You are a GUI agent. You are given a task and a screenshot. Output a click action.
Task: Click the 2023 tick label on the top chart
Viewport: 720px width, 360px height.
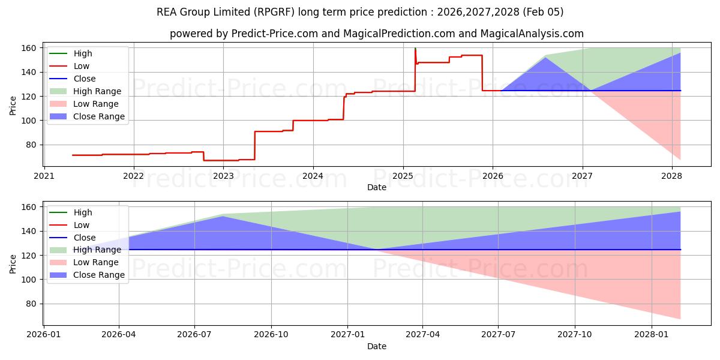point(223,176)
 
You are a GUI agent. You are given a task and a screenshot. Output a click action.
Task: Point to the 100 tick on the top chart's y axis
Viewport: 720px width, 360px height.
point(29,121)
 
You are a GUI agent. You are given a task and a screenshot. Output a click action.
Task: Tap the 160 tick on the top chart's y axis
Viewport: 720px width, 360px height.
point(29,48)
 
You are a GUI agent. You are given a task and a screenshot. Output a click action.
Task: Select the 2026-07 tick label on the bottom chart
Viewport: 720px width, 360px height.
point(195,335)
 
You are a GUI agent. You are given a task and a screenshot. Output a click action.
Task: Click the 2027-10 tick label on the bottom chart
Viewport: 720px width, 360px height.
point(575,335)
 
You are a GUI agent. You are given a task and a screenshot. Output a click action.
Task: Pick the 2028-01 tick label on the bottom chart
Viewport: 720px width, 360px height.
point(652,335)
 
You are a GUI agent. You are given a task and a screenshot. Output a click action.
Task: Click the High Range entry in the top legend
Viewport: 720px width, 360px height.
point(97,91)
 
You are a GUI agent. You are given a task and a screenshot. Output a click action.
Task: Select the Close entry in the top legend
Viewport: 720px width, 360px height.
point(84,79)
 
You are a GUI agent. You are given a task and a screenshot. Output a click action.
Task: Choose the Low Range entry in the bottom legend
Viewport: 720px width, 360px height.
point(95,262)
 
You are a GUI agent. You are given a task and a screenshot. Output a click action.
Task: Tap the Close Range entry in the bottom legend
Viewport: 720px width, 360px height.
point(98,275)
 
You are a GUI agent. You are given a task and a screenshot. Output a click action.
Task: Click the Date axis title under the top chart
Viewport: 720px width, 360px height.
point(376,187)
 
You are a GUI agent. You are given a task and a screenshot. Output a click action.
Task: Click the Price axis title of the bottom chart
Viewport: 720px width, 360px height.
point(13,263)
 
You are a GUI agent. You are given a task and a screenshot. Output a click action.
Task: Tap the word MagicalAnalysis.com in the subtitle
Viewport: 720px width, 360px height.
point(528,34)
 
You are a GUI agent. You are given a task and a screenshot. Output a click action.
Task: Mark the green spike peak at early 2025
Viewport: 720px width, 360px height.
point(415,49)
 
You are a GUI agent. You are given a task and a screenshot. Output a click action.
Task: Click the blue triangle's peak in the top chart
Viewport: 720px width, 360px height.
point(545,58)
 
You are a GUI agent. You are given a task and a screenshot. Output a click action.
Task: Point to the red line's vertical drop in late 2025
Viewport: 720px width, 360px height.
point(482,73)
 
